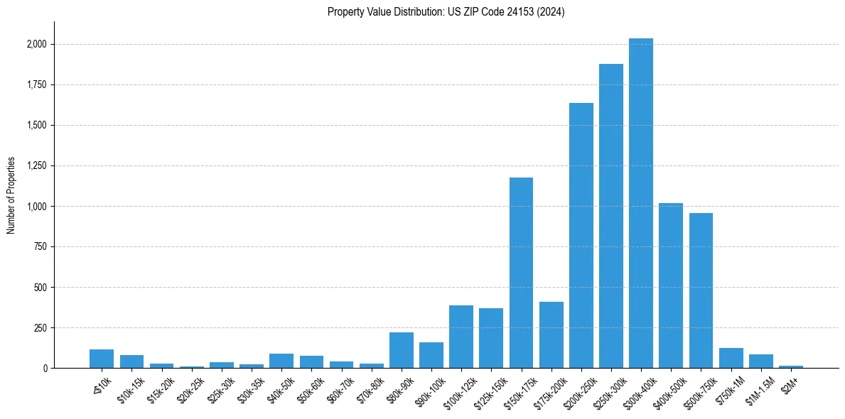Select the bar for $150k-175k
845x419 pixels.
[521, 273]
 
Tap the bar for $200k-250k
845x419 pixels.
[581, 235]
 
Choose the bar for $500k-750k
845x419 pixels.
[701, 290]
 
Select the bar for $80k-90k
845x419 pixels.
[401, 350]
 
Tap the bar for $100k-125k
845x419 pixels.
[461, 337]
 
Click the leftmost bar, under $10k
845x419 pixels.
[102, 359]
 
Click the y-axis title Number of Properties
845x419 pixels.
[11, 195]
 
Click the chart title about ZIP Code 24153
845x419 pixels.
[446, 12]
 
